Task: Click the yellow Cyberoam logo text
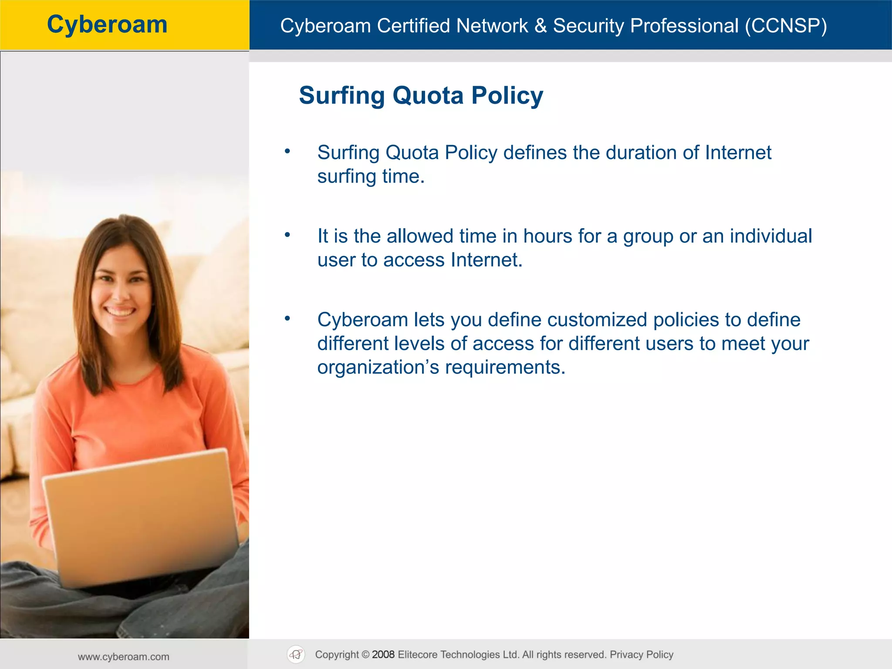pyautogui.click(x=107, y=24)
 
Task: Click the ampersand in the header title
pyautogui.click(x=540, y=26)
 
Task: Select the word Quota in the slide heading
pyautogui.click(x=428, y=95)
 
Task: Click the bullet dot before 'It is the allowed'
pyautogui.click(x=287, y=235)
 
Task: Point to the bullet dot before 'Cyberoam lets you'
pyautogui.click(x=287, y=319)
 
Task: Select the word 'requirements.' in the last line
pyautogui.click(x=505, y=368)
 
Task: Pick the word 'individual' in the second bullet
pyautogui.click(x=770, y=236)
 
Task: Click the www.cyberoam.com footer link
pyautogui.click(x=124, y=657)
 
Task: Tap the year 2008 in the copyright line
pyautogui.click(x=383, y=655)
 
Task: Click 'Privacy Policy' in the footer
pyautogui.click(x=641, y=655)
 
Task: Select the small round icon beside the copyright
pyautogui.click(x=296, y=655)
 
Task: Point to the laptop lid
pyautogui.click(x=139, y=514)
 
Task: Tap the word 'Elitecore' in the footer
pyautogui.click(x=417, y=655)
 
